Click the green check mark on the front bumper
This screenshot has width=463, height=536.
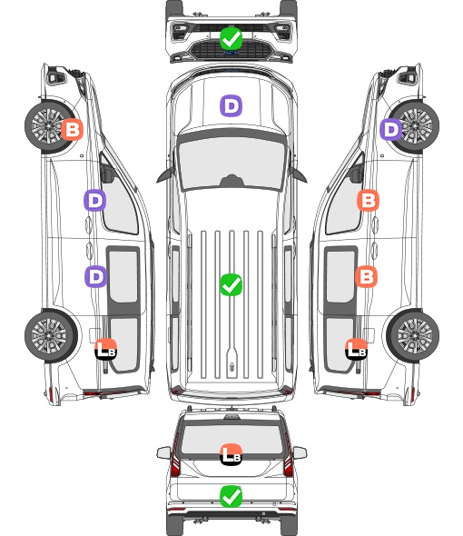[231, 38]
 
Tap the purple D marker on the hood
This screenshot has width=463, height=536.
[231, 105]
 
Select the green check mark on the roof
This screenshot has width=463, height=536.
[231, 284]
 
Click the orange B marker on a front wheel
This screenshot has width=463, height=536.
[72, 129]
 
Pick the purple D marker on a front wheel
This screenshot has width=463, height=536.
[391, 129]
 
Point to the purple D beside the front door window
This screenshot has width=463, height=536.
[95, 200]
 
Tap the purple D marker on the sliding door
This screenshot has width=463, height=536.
[95, 276]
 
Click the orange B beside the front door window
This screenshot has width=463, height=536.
[368, 200]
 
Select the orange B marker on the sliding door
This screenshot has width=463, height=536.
[366, 276]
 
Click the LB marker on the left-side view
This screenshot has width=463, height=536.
[106, 349]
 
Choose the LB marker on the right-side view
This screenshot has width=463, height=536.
[357, 349]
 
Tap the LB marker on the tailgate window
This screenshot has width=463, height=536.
[231, 454]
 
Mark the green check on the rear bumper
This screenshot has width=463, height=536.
[231, 496]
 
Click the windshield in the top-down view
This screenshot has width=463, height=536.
[231, 162]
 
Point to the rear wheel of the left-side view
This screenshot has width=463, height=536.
[51, 336]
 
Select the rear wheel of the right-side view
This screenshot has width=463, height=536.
[412, 336]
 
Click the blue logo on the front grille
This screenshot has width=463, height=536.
[231, 53]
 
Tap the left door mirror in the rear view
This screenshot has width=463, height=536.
[163, 452]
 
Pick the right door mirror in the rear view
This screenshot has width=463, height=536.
[300, 452]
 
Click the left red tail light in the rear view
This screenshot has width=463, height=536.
[175, 456]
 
